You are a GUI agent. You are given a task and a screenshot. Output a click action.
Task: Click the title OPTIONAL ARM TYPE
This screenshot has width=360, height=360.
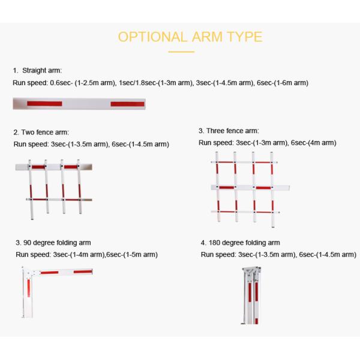tap(190, 37)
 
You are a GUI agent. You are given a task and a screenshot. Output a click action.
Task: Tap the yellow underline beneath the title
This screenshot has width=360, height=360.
tap(181, 52)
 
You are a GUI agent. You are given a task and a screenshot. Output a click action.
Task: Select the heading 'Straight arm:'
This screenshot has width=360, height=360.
tap(42, 70)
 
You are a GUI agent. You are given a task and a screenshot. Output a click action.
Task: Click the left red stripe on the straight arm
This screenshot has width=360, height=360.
tap(44, 104)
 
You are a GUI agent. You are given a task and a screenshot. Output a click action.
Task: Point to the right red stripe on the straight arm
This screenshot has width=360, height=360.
tap(127, 104)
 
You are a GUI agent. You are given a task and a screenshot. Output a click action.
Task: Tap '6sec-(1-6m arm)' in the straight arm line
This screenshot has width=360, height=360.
tap(283, 83)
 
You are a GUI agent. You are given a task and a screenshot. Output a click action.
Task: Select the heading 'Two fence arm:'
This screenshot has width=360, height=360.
tap(45, 132)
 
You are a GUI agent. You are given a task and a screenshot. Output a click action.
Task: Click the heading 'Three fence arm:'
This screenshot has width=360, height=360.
tap(233, 131)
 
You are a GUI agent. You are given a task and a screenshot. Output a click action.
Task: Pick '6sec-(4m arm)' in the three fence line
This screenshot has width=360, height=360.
tap(314, 143)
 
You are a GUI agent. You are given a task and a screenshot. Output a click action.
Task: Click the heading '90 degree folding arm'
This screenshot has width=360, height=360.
tap(57, 242)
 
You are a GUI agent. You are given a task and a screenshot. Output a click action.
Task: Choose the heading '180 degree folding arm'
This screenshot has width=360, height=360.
tap(244, 242)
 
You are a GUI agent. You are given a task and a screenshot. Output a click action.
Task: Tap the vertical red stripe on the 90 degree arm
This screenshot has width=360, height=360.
tap(29, 288)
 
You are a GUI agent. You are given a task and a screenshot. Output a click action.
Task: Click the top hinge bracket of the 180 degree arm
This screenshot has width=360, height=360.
tap(251, 272)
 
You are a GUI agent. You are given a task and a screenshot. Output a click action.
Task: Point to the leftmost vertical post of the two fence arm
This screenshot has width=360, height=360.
tap(31, 190)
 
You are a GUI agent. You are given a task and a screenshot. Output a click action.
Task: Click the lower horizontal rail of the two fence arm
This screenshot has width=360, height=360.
tap(59, 200)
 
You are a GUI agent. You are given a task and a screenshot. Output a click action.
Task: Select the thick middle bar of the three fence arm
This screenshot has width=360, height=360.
tap(250, 188)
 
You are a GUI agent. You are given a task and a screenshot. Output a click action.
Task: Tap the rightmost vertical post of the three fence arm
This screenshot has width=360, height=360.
tap(272, 190)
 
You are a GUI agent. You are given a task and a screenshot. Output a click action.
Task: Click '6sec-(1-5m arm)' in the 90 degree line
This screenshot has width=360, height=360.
tap(132, 254)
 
